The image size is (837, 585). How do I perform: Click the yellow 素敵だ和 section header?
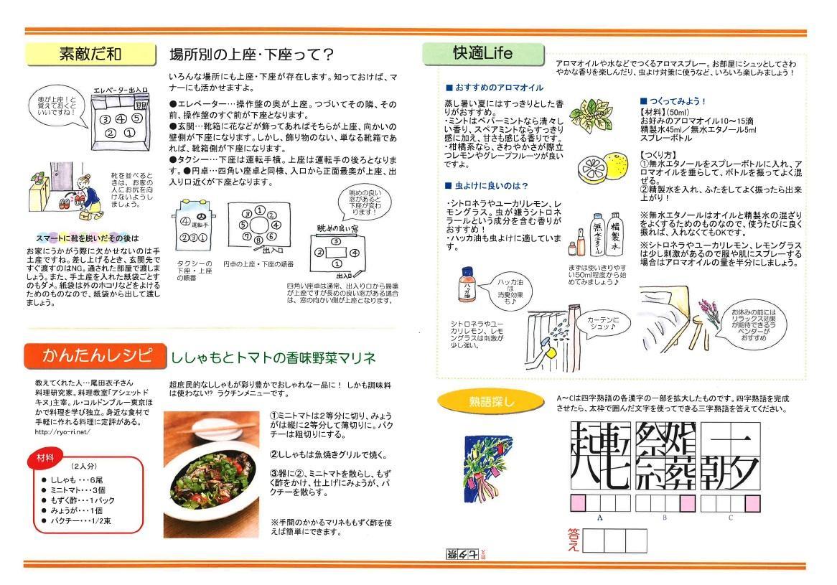pos(90,55)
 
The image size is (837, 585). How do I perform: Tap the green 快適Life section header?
pos(482,54)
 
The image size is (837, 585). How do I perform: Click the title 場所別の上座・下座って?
pos(251,55)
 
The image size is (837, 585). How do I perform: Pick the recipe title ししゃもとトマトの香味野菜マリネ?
pos(273,357)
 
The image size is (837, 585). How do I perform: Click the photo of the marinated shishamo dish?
pos(210,474)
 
